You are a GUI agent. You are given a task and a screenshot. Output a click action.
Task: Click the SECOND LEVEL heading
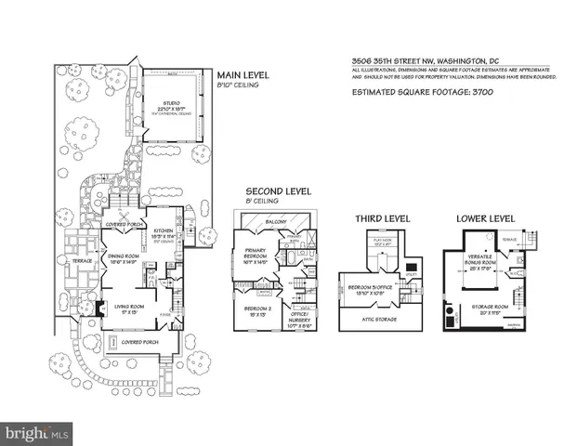(x=271, y=191)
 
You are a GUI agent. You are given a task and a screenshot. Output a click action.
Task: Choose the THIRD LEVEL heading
(x=383, y=218)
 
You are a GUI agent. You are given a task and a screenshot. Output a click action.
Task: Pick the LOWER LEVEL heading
(x=486, y=218)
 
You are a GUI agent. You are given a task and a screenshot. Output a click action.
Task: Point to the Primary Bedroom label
(x=256, y=256)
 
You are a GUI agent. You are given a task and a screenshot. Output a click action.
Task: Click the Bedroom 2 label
(x=256, y=309)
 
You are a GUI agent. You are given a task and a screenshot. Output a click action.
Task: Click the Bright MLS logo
(x=37, y=433)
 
